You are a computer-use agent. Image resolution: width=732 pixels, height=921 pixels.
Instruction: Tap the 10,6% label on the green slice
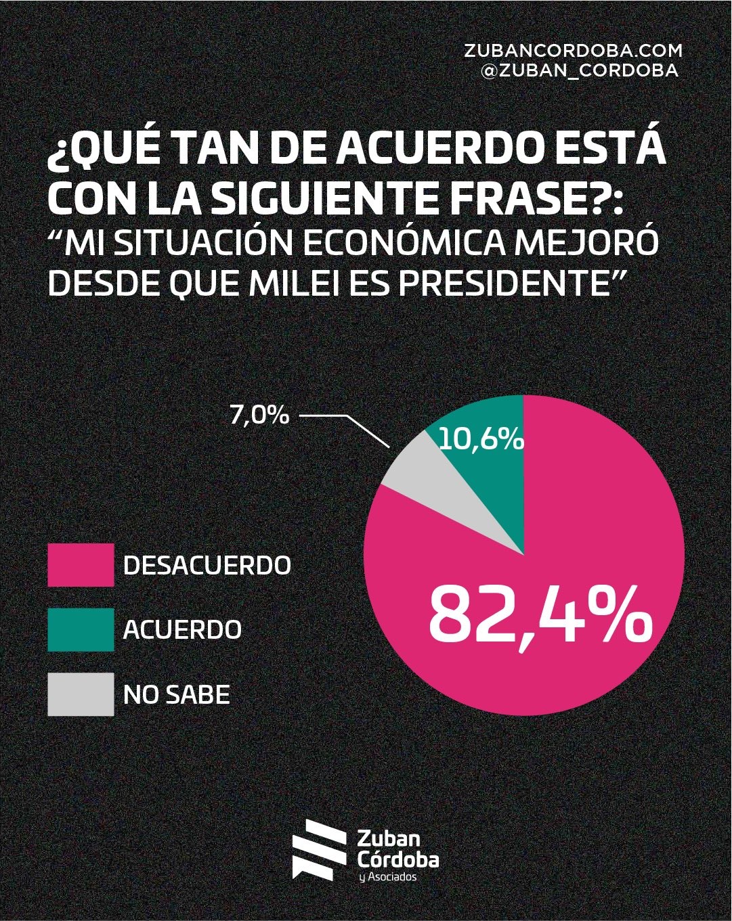click(x=481, y=440)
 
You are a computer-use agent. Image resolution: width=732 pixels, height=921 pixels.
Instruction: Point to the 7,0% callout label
click(x=259, y=415)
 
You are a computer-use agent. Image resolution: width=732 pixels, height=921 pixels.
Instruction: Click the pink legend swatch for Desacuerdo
click(x=81, y=564)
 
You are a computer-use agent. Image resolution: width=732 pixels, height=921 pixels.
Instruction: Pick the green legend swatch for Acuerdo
click(x=81, y=629)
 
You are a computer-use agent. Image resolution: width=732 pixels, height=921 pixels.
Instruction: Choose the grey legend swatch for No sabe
click(x=81, y=694)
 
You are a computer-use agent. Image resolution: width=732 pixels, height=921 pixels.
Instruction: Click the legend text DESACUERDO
click(x=207, y=565)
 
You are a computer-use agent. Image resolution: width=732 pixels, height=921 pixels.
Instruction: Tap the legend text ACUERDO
click(x=182, y=629)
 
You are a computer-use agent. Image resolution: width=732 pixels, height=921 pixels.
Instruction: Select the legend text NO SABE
click(x=176, y=694)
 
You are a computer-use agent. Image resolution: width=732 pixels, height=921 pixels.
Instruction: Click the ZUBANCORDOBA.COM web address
click(x=573, y=51)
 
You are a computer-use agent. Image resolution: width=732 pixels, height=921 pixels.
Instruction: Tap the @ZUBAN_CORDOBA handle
click(x=579, y=70)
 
